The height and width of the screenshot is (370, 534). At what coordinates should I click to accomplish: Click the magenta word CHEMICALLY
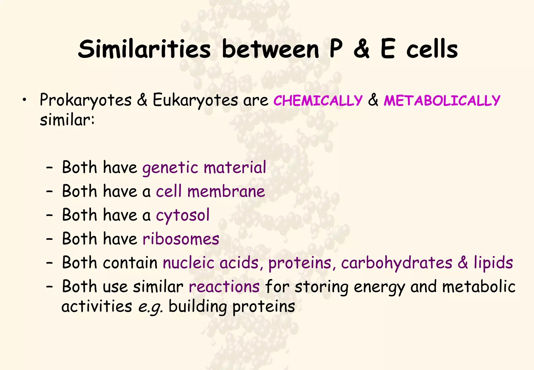coord(318,100)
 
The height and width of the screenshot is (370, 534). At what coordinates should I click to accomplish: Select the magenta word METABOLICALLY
coord(442,100)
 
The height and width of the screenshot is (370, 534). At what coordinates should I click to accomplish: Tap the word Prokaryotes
coord(86,100)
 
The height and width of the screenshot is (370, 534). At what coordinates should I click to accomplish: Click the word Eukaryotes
coord(195,100)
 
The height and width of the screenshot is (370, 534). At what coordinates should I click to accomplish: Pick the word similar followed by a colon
coord(67,120)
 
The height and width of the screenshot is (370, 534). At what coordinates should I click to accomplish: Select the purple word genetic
coord(170,168)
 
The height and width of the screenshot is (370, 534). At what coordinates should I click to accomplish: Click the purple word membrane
coord(226,191)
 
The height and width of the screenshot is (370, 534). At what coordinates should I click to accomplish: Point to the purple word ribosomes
coord(181,239)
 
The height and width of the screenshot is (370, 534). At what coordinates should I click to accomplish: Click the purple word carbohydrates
coord(397,263)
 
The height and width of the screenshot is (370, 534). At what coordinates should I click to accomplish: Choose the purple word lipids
coord(493,263)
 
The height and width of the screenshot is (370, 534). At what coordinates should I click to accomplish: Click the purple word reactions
coord(224,287)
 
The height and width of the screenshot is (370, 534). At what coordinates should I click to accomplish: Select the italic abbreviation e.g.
coord(150,307)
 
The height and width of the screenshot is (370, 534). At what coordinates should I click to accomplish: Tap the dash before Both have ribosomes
coord(49,239)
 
